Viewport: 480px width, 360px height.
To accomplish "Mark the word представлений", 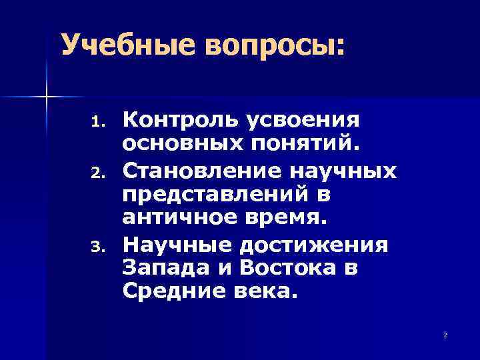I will click(220, 195).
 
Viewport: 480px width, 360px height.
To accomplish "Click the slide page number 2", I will click(445, 334).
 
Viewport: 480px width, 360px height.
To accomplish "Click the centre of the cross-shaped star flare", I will click(47, 98).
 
